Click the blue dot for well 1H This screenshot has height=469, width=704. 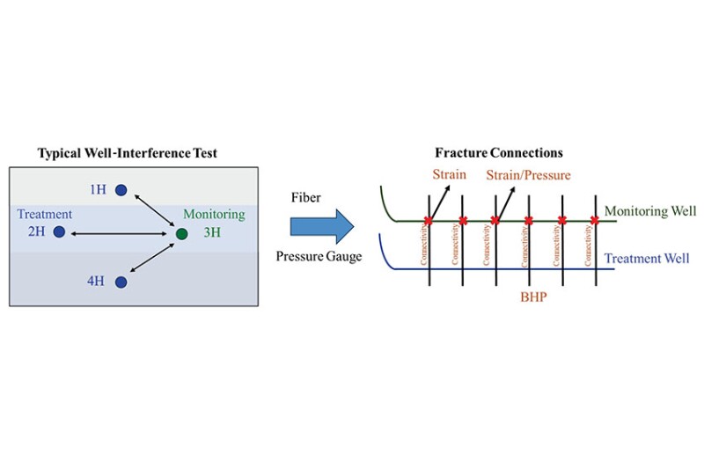click(121, 189)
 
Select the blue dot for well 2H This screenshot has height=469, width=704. click(59, 231)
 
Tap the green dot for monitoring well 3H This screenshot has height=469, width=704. click(181, 233)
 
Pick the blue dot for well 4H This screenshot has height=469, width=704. click(121, 282)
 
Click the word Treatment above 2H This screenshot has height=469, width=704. click(44, 215)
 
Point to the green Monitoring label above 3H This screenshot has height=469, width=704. click(214, 215)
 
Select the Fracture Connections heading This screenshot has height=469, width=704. click(499, 152)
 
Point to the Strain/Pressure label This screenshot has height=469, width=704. click(528, 175)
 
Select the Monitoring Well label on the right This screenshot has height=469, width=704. click(649, 211)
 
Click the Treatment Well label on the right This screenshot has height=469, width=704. click(649, 260)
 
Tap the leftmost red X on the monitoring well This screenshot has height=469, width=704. click(429, 220)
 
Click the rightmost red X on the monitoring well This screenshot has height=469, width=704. click(595, 220)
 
